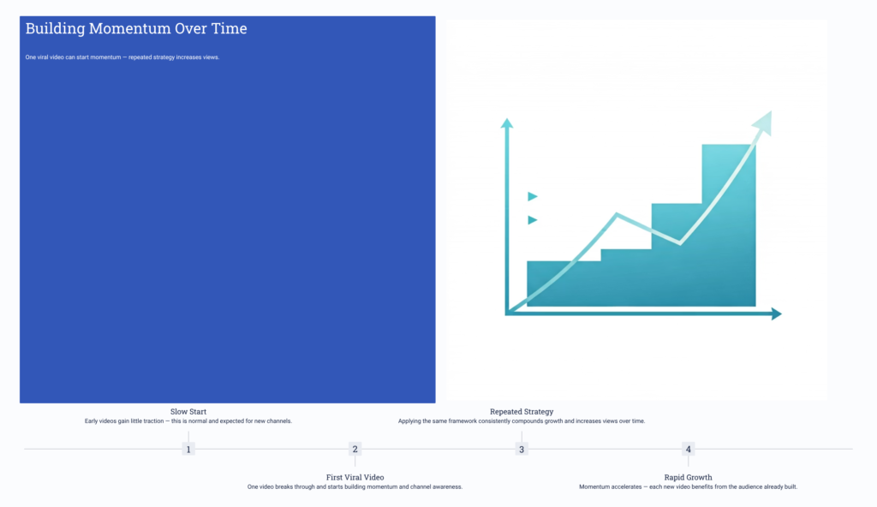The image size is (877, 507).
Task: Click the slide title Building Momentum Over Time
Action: pos(136,28)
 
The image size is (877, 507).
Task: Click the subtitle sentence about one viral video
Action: pos(122,57)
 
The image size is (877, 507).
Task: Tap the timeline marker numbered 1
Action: pos(188,449)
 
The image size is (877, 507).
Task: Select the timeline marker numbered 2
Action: pos(355,449)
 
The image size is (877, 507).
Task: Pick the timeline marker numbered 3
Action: pos(522,449)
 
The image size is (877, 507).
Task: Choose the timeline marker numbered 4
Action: pos(688,449)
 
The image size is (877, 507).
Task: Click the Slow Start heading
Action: pos(188,412)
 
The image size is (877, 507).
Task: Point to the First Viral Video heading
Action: pos(355,477)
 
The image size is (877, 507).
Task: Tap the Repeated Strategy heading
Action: pos(522,412)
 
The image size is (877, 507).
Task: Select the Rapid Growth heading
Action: pos(688,477)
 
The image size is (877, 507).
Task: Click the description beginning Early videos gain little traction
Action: pos(188,421)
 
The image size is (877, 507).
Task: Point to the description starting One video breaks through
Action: pos(355,486)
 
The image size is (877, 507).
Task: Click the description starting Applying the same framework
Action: pos(522,421)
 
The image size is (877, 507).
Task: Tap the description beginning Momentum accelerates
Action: pos(688,486)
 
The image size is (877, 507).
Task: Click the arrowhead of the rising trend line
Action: pos(763,122)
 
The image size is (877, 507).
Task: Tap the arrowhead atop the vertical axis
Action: pos(507,123)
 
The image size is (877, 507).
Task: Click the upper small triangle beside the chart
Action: pos(532,196)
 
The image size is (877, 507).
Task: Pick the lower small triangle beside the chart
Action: pos(532,220)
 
